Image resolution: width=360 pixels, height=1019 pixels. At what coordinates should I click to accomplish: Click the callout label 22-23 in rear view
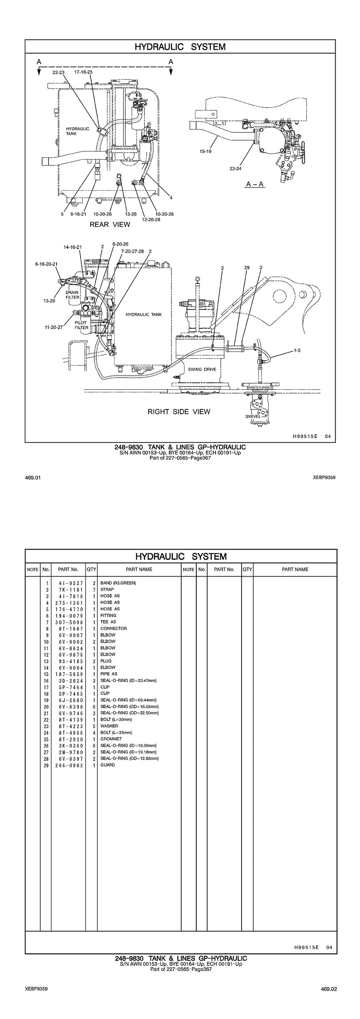tap(58, 72)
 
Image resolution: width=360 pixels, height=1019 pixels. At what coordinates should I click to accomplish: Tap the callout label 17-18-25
tap(83, 72)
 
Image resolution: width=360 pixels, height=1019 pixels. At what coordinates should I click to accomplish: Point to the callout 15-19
tap(205, 151)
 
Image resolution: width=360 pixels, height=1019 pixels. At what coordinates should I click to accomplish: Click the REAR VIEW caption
tap(110, 224)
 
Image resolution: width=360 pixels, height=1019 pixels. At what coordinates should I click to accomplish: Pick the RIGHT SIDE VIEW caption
tap(179, 412)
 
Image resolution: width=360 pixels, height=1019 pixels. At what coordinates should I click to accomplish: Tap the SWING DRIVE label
tap(201, 369)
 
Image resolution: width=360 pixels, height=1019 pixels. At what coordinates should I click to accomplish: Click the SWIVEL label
tap(253, 416)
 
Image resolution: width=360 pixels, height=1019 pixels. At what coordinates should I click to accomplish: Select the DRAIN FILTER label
tap(72, 295)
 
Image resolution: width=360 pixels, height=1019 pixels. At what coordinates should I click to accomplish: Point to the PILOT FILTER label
tap(81, 325)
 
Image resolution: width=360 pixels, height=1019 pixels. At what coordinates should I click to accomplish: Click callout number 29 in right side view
tap(247, 268)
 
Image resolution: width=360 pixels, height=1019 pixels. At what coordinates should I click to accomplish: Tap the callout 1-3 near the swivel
tap(297, 350)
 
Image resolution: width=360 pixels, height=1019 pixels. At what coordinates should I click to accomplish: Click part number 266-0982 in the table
tap(69, 765)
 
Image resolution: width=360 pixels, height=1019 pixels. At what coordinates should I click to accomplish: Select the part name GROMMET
tap(111, 739)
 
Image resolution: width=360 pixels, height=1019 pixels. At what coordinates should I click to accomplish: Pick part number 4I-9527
tap(69, 583)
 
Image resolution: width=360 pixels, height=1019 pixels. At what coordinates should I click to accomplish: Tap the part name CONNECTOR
tap(114, 628)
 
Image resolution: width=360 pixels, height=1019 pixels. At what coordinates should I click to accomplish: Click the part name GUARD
tap(108, 765)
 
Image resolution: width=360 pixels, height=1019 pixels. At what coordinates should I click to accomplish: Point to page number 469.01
tap(33, 477)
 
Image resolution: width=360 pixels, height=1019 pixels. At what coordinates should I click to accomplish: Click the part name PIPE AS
tap(108, 673)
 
